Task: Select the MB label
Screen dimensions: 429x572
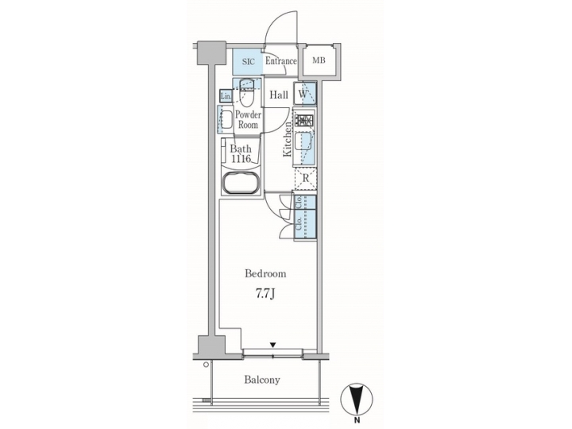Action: tap(318, 61)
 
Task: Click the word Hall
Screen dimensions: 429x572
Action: tap(278, 96)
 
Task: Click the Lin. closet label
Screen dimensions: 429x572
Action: tap(226, 97)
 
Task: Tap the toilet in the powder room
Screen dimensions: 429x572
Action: tap(246, 98)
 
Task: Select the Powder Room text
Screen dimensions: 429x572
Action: tap(247, 120)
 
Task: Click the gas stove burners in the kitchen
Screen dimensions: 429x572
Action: tap(305, 122)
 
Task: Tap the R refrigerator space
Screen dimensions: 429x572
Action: tap(306, 179)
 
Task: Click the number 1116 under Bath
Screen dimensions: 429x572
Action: tap(241, 160)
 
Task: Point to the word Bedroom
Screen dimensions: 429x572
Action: tap(265, 274)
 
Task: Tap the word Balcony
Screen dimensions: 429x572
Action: tap(262, 380)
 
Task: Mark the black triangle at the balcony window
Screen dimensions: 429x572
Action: tap(272, 345)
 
